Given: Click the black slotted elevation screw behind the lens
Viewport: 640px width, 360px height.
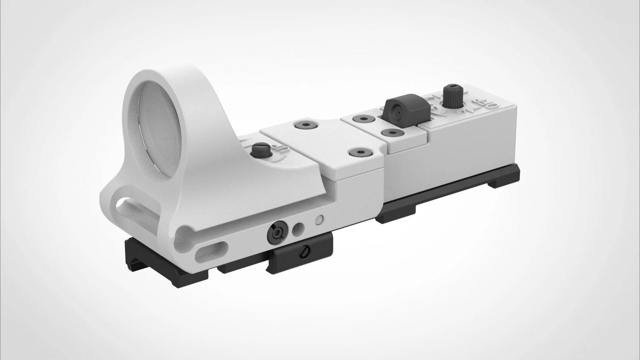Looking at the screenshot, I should click(258, 151).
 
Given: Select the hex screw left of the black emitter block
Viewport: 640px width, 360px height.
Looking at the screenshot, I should click(363, 119).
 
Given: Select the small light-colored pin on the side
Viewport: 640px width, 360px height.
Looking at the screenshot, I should click(318, 221).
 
